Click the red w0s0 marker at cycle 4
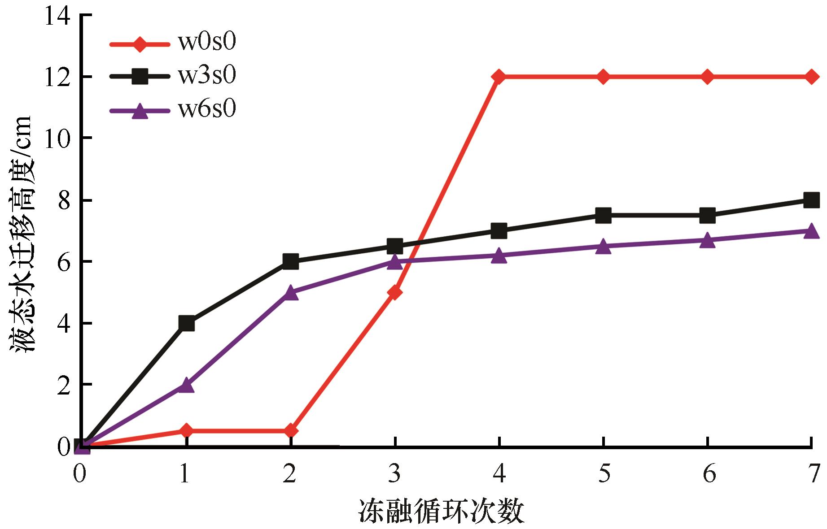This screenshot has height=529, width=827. pyautogui.click(x=499, y=77)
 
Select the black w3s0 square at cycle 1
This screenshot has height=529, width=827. pyautogui.click(x=186, y=323)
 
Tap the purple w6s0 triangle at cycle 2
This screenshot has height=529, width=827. pyautogui.click(x=291, y=293)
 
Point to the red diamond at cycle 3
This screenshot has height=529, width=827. pyautogui.click(x=395, y=293)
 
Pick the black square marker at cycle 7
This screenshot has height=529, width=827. pyautogui.click(x=811, y=200)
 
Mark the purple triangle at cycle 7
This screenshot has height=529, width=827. pyautogui.click(x=811, y=231)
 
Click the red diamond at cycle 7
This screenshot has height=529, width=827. pyautogui.click(x=811, y=77)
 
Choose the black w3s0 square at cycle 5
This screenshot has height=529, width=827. pyautogui.click(x=603, y=215)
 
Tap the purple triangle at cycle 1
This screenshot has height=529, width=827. pyautogui.click(x=186, y=385)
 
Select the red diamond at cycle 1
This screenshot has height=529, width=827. pyautogui.click(x=186, y=431)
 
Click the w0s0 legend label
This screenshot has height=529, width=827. pyautogui.click(x=206, y=43)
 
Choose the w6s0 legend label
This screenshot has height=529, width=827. pyautogui.click(x=206, y=109)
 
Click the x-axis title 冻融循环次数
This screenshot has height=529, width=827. pyautogui.click(x=441, y=512)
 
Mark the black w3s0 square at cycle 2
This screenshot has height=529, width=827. pyautogui.click(x=291, y=261)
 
